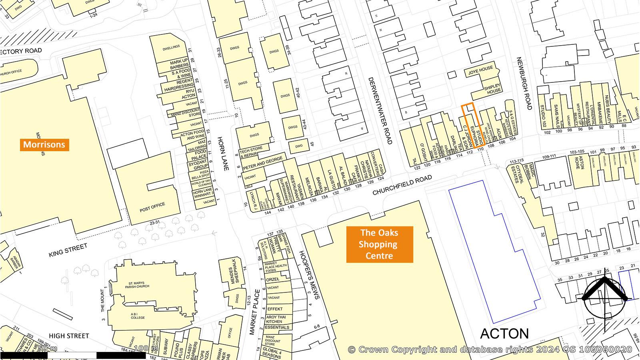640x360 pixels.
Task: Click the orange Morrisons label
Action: pyautogui.click(x=44, y=144)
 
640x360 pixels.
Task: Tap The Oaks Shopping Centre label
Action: pyautogui.click(x=379, y=244)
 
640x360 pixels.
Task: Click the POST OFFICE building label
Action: pyautogui.click(x=152, y=208)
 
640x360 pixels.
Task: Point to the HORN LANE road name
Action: pyautogui.click(x=222, y=154)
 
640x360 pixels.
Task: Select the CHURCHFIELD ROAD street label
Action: pyautogui.click(x=402, y=185)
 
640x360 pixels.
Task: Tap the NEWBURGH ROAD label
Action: pyautogui.click(x=524, y=83)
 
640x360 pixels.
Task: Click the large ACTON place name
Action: pyautogui.click(x=504, y=334)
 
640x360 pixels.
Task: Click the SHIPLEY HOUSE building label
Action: pyautogui.click(x=492, y=88)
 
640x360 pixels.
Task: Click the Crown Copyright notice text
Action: pyautogui.click(x=490, y=350)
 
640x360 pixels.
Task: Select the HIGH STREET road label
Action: pyautogui.click(x=69, y=336)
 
